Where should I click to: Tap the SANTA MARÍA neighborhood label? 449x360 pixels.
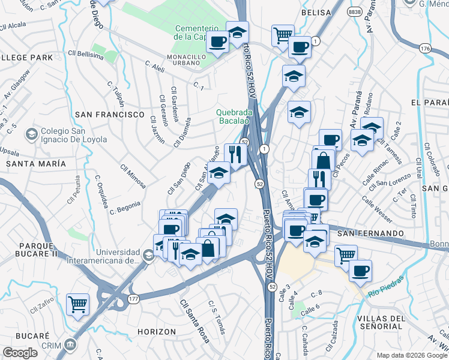(x=35, y=163)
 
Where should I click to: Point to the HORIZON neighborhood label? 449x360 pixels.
(x=157, y=332)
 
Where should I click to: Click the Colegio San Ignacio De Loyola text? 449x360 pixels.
(x=74, y=135)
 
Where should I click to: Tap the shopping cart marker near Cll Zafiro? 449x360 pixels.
(x=78, y=304)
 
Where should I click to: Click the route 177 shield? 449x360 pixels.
(x=133, y=299)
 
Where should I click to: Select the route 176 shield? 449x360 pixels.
(x=425, y=48)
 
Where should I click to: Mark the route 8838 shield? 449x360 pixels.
(x=355, y=11)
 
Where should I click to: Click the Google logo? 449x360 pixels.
(x=20, y=353)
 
